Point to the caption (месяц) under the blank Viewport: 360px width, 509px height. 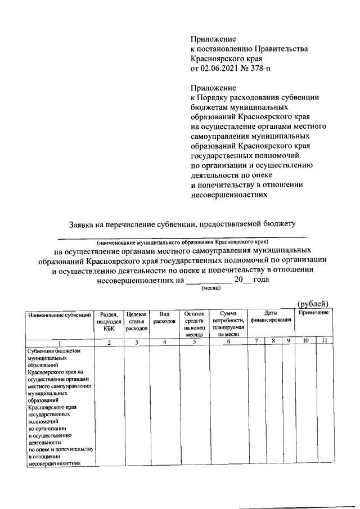click(211, 288)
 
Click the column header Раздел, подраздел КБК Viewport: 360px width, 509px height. click(109, 321)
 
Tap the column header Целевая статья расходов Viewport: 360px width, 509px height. click(137, 321)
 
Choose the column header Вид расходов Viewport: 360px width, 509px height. click(164, 317)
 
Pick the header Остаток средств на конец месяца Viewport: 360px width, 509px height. click(194, 324)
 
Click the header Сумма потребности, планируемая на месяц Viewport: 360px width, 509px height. click(228, 324)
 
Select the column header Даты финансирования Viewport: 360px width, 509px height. click(271, 317)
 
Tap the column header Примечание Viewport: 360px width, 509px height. click(313, 312)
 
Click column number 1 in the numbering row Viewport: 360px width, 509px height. click(59, 343)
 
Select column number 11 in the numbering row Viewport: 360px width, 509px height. click(323, 343)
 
